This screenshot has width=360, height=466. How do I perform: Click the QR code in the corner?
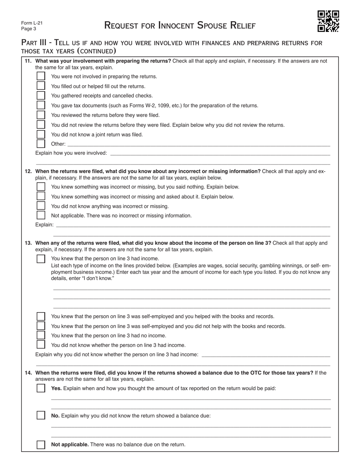coord(328,21)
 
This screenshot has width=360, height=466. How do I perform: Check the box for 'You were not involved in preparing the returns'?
coord(41,76)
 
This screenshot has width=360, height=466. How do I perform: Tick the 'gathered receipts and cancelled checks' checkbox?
coord(41,95)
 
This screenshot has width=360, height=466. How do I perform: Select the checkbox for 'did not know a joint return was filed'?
coord(41,134)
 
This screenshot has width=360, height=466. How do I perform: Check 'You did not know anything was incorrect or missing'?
coord(41,206)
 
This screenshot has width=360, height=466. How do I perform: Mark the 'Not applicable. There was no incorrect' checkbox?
coord(41,215)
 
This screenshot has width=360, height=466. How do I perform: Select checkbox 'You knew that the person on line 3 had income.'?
coord(41,259)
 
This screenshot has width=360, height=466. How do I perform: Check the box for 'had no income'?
coord(41,335)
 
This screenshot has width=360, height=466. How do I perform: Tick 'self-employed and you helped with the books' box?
coord(41,316)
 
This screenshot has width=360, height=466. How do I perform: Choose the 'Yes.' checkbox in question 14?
coord(41,388)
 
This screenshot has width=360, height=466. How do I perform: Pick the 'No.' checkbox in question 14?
coord(41,416)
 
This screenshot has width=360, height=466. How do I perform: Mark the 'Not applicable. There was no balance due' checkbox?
coord(41,444)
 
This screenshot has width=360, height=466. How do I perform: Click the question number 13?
coord(28,243)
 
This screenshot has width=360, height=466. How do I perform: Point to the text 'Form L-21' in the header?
coord(32,23)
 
